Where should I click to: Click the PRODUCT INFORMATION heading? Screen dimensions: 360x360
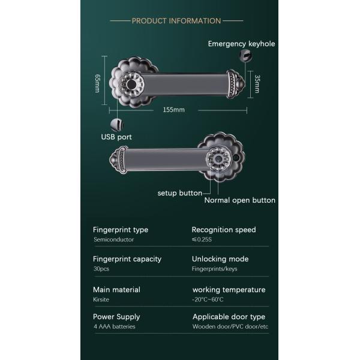point(176,21)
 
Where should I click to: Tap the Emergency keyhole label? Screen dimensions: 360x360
point(241,44)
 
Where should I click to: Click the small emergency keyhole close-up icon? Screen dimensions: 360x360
point(246,55)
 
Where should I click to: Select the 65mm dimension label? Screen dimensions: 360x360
point(97,83)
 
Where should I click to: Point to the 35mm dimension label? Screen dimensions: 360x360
point(257,84)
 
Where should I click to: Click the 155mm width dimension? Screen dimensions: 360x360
point(173,110)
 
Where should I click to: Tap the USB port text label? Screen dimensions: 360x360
point(116,137)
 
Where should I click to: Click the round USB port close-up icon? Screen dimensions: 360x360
point(117,125)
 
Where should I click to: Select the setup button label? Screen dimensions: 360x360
point(180,193)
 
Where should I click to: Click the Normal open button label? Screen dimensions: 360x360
point(239,200)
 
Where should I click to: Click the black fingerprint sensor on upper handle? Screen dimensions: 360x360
point(131,84)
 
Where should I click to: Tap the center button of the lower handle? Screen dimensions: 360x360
point(218,158)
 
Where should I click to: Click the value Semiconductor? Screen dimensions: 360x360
point(113,239)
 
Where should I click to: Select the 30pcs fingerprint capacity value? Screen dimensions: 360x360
point(101,269)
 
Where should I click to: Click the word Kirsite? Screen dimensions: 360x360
point(101,299)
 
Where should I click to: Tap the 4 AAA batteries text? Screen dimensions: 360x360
point(115,326)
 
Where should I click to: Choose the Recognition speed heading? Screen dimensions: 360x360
point(224,230)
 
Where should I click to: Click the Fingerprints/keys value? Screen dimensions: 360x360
point(214,269)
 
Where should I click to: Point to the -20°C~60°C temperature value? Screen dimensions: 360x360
point(208,299)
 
